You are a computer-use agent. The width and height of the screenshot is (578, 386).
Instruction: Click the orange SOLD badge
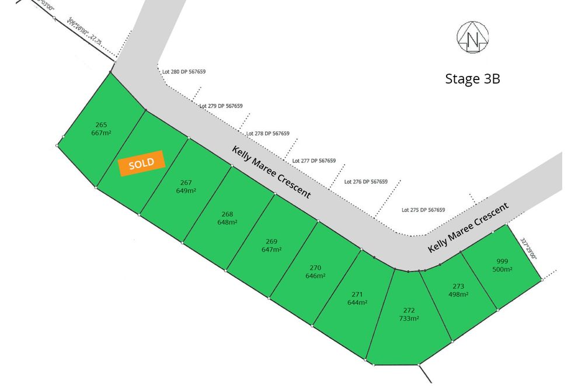tap(141, 164)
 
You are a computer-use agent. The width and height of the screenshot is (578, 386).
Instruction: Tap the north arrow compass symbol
tap(472, 37)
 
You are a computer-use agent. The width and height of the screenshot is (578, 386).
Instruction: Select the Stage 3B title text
tap(472, 79)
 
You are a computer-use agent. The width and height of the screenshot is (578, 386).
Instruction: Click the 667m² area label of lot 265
tap(102, 133)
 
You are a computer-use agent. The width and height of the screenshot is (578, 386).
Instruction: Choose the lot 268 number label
tap(227, 214)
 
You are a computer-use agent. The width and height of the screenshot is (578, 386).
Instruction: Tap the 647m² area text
tap(271, 249)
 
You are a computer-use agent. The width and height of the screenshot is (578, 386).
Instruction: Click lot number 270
tap(315, 267)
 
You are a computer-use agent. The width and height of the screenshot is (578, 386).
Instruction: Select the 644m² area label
tap(357, 302)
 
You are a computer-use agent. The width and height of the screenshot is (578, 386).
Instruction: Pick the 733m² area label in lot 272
tap(409, 319)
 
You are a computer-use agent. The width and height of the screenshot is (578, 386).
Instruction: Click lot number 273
tap(458, 286)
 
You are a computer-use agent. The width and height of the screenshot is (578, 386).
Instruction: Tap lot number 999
tap(502, 261)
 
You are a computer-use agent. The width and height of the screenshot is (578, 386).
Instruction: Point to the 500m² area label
tap(502, 269)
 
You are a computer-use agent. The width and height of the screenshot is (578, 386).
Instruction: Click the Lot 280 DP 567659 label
tap(184, 72)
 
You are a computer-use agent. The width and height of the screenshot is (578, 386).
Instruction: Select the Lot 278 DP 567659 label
tap(268, 133)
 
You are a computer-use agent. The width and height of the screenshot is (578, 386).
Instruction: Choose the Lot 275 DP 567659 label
tap(423, 210)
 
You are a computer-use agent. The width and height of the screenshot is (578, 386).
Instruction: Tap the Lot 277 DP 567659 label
tap(314, 161)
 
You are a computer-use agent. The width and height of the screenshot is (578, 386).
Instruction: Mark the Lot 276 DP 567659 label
tap(366, 182)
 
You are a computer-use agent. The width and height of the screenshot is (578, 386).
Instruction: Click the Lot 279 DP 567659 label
tap(221, 106)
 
